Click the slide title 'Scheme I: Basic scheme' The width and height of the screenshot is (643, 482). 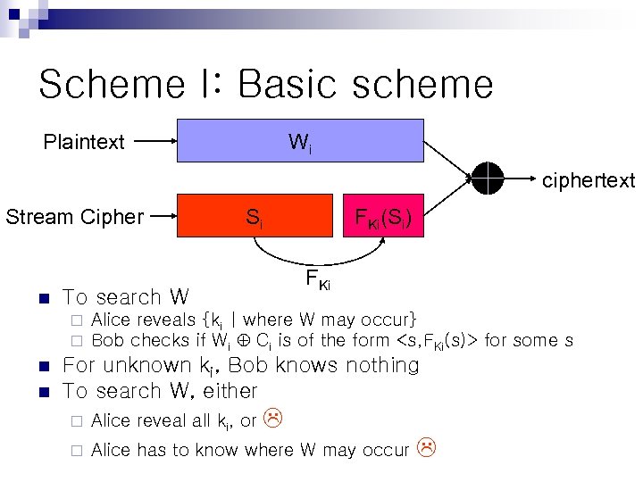(x=265, y=85)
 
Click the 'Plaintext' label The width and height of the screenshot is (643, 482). (x=85, y=142)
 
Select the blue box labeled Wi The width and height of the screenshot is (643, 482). (x=299, y=140)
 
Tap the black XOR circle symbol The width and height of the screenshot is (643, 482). (x=489, y=179)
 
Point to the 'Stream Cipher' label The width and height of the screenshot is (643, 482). (x=74, y=217)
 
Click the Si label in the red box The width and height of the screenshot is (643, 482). (x=254, y=216)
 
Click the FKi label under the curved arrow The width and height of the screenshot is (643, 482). (x=318, y=280)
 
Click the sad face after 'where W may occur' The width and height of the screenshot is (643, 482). (x=427, y=449)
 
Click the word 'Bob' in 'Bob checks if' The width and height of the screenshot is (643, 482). (x=108, y=340)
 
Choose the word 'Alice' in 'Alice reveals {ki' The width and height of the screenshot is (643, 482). (x=112, y=320)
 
